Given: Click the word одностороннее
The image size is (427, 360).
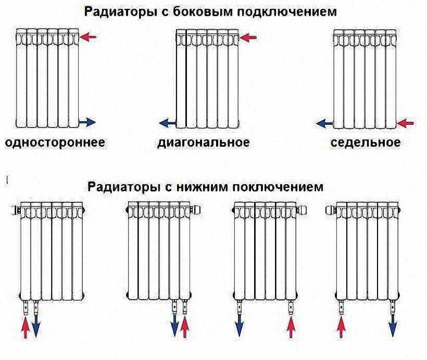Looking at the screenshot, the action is (55, 143).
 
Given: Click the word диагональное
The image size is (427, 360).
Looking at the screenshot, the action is (204, 143).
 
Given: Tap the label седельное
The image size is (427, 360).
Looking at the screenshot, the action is (366, 143).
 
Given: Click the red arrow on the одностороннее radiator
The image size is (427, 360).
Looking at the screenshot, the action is (88, 37).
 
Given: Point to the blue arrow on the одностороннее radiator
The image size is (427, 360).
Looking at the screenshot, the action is (87, 122).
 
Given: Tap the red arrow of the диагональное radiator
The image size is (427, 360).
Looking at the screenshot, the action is (248, 37).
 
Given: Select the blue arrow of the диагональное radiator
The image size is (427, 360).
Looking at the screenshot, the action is (168, 123).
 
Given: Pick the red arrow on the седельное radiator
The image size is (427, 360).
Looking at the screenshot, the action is (406, 123).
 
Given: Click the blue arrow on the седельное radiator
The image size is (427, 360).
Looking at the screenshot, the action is (324, 123).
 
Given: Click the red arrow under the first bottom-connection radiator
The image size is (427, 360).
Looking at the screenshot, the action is (26, 328).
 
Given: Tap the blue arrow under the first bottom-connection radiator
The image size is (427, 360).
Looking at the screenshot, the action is (36, 327).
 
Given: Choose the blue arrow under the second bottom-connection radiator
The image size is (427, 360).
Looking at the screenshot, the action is (174, 327).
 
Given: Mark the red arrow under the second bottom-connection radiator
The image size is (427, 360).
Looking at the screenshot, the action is (185, 328).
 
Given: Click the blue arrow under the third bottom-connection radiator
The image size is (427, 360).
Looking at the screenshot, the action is (239, 326).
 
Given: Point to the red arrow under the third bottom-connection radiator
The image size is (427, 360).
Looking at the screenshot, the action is (291, 328).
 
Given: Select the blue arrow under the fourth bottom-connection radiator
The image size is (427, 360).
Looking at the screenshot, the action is (393, 326).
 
